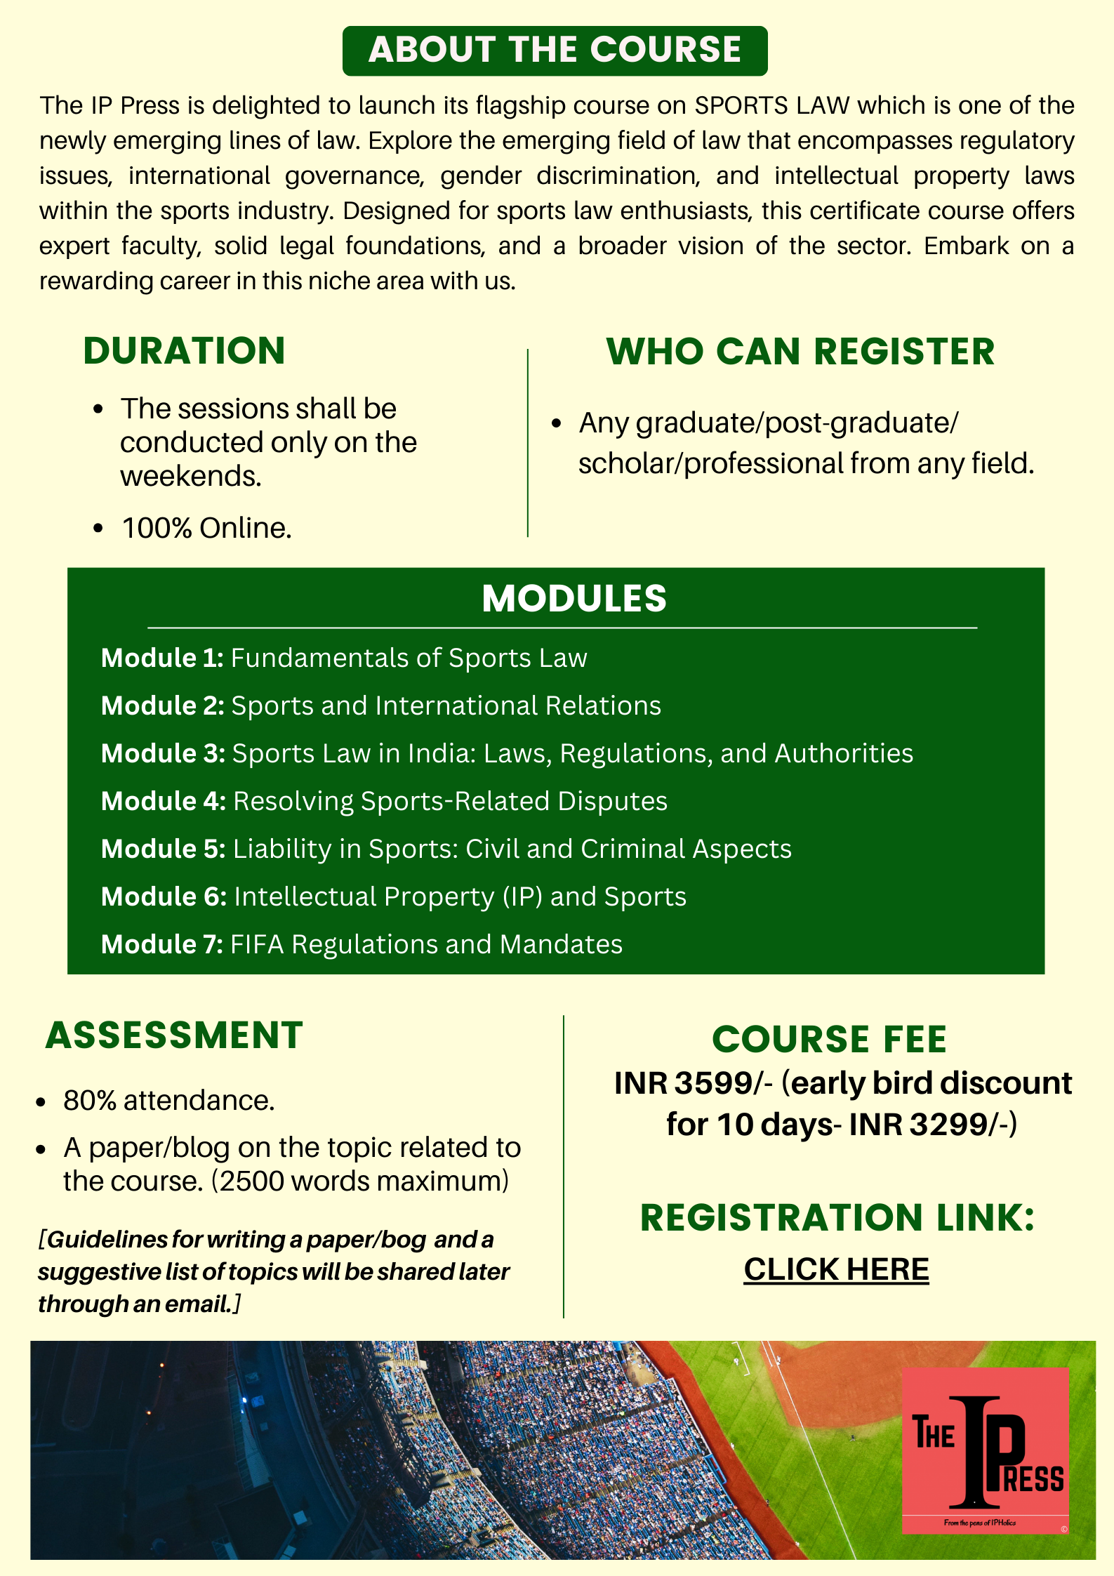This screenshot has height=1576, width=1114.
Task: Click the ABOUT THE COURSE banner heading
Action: click(x=555, y=50)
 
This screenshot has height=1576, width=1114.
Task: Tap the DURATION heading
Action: click(x=184, y=350)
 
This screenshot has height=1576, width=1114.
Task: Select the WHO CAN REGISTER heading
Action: click(x=800, y=351)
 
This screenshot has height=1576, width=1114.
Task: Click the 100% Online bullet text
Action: click(x=206, y=528)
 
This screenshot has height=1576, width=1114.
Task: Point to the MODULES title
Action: click(x=573, y=598)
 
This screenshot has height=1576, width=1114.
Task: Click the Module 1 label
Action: click(x=161, y=658)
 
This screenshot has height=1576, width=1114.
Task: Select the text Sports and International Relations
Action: click(x=446, y=706)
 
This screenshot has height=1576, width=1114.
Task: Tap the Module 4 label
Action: click(x=163, y=801)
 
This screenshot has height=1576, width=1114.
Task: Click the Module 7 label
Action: click(x=161, y=944)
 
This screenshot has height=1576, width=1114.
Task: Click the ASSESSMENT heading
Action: click(x=174, y=1035)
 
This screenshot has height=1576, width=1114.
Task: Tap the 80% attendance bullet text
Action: click(x=168, y=1100)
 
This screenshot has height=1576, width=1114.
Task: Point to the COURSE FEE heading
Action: click(x=829, y=1039)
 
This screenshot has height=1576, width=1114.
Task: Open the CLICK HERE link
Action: click(x=836, y=1269)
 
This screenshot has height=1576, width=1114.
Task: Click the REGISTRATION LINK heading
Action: click(x=837, y=1217)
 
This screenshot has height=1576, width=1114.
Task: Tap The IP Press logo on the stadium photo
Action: click(x=985, y=1450)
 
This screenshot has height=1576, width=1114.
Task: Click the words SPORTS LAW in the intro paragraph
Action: click(x=772, y=105)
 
